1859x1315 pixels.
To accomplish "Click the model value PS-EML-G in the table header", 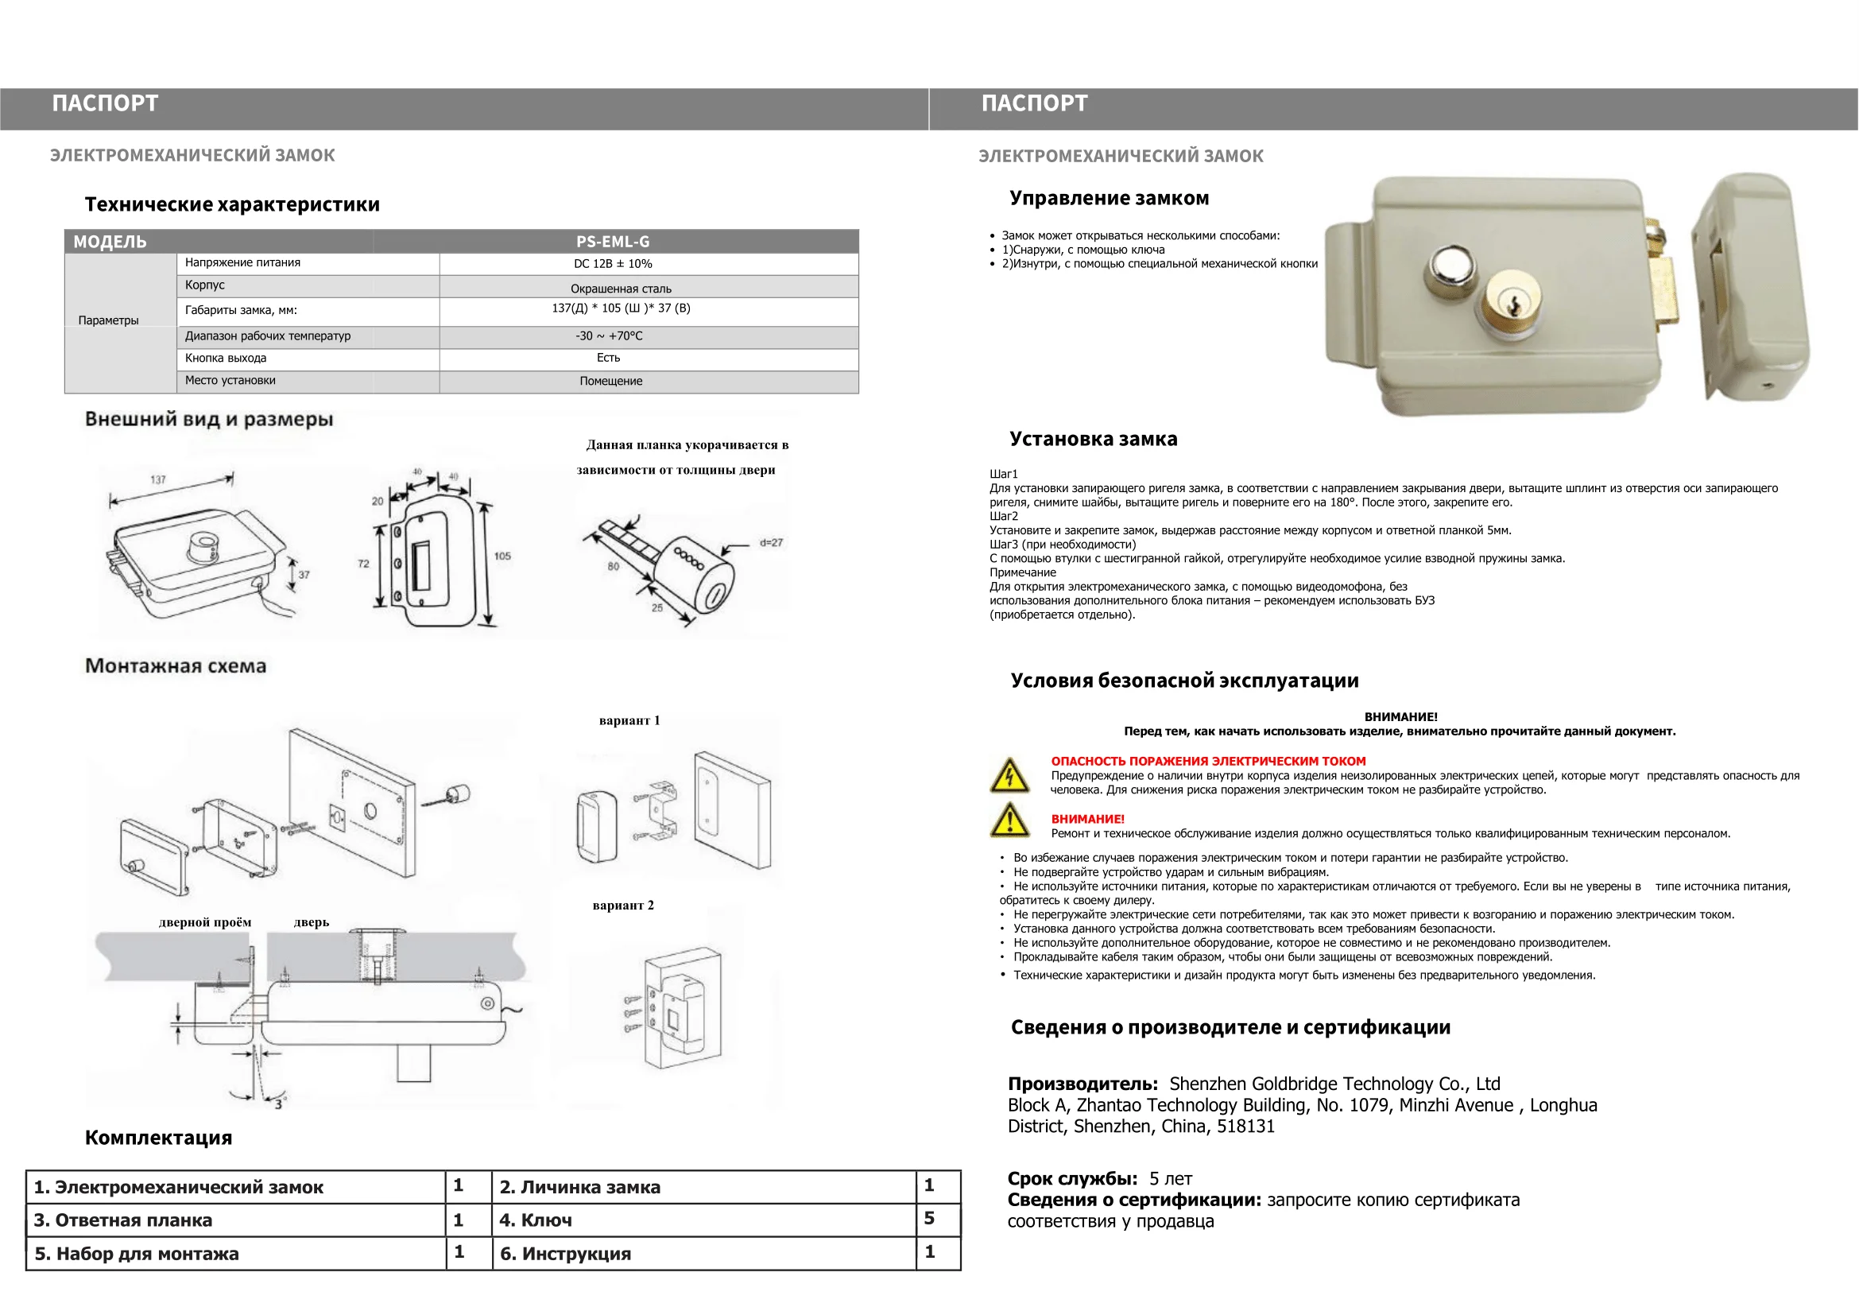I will [x=613, y=242].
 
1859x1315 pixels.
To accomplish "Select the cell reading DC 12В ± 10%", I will [x=613, y=264].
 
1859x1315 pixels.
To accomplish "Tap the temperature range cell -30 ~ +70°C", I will [x=609, y=336].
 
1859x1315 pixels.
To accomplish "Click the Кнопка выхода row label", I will [x=226, y=358].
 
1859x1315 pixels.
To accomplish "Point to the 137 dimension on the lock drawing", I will [x=158, y=479].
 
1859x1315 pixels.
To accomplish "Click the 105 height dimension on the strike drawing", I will [x=502, y=557].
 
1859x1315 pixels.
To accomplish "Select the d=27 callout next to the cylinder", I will [x=771, y=542].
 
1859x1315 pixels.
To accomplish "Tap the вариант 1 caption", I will [x=629, y=720].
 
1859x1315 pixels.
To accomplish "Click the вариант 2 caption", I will [x=622, y=906].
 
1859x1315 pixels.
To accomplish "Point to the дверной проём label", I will [x=205, y=922].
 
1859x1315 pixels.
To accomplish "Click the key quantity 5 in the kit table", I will [x=930, y=1219].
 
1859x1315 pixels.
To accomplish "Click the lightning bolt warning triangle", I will [x=1009, y=776].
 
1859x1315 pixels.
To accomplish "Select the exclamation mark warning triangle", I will [x=1009, y=821].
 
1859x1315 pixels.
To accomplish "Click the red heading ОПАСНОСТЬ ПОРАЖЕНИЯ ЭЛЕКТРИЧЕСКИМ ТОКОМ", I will [x=1208, y=761].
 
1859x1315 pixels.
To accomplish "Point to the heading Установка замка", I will [x=1093, y=439].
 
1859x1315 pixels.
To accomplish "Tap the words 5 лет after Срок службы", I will [x=1171, y=1179].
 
